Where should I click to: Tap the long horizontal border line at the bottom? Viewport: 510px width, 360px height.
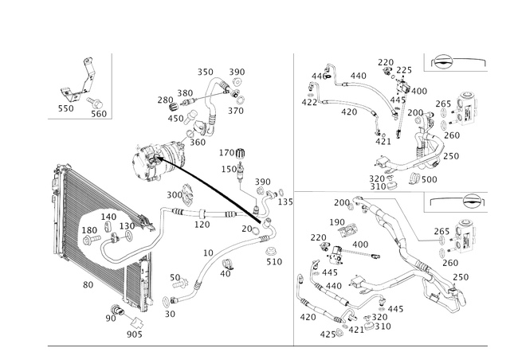[239, 346]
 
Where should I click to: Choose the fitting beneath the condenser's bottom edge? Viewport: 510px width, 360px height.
[131, 323]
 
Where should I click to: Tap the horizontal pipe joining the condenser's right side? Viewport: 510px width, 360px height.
[195, 213]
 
